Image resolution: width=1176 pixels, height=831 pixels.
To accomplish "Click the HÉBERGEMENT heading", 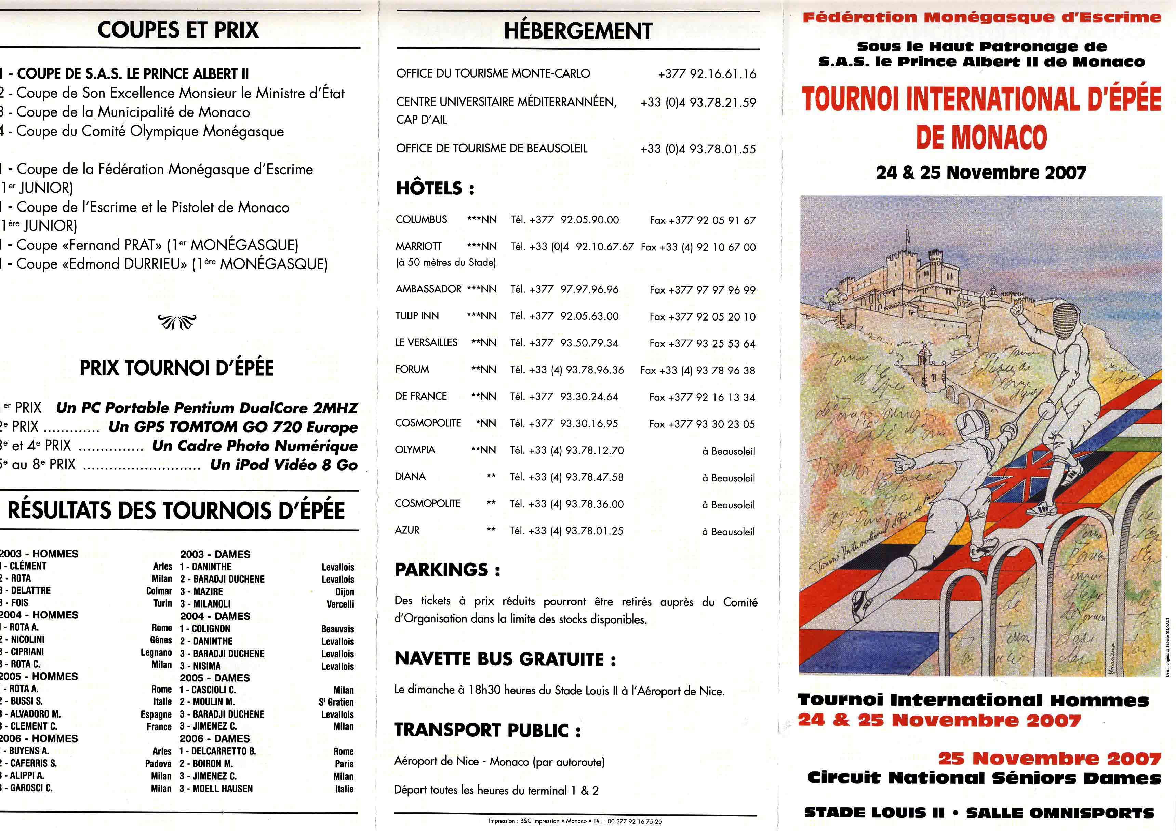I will [578, 31].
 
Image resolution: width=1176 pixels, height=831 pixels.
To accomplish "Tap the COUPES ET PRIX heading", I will [178, 30].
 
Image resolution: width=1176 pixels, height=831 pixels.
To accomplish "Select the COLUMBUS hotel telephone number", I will [589, 220].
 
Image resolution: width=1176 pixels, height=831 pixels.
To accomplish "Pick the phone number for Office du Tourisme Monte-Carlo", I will [707, 74].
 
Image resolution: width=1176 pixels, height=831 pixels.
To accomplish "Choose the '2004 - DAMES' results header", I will [215, 616].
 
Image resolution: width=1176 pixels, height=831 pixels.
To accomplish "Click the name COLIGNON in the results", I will [211, 629].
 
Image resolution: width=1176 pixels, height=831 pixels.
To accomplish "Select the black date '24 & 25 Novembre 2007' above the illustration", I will [981, 173].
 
